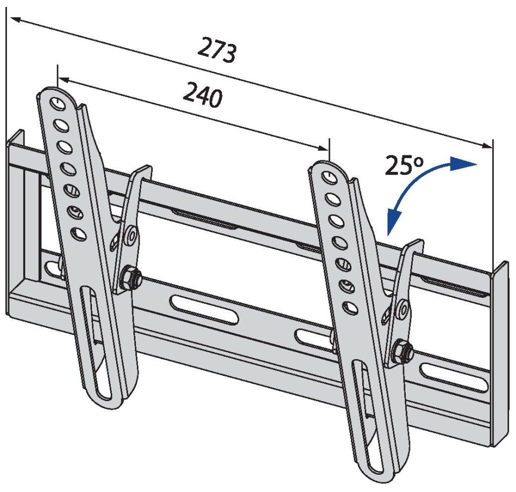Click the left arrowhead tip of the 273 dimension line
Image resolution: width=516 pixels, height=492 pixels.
pos(11,18)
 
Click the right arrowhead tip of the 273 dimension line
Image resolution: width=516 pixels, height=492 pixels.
pos(492,147)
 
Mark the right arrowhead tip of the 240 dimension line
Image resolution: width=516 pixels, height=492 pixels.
pos(328,151)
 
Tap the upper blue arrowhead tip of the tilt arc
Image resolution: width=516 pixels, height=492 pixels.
pos(476,163)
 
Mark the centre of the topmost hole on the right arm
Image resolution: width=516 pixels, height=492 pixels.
pos(329,176)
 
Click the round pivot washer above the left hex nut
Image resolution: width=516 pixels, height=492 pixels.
pos(132,235)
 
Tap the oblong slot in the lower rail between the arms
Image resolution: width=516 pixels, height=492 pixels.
pos(204,310)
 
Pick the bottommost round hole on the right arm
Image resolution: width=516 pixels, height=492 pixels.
pos(350,308)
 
